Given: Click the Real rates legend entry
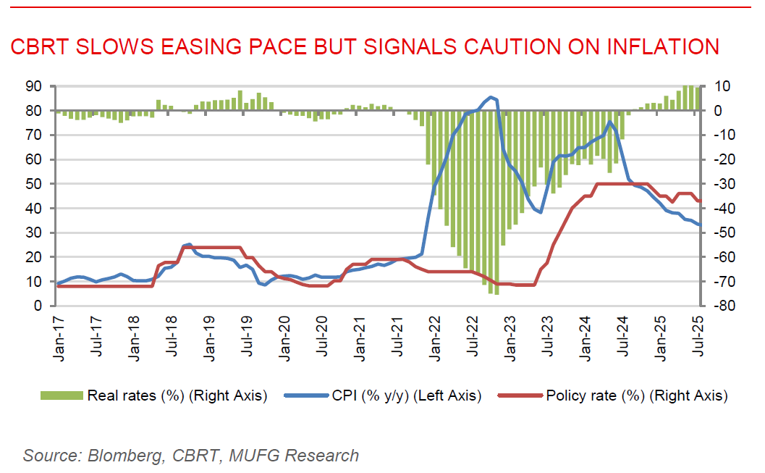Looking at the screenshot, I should pyautogui.click(x=177, y=395).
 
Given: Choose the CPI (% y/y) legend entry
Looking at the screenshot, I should pyautogui.click(x=407, y=395).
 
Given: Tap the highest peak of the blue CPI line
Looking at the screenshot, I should pyautogui.click(x=491, y=96).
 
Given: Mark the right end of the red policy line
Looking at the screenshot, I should pyautogui.click(x=699, y=201).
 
